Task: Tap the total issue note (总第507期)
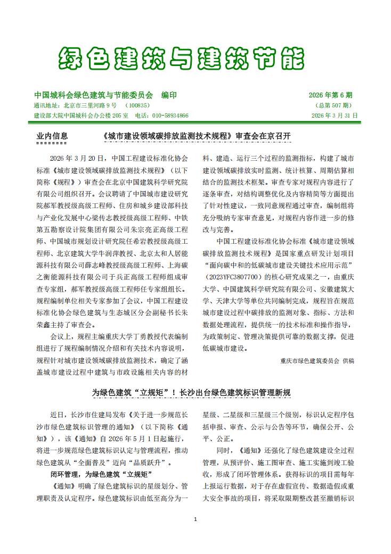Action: tap(334, 105)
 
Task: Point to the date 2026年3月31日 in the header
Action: tap(335, 115)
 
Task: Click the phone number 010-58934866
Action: tap(170, 115)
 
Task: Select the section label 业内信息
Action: tap(52, 136)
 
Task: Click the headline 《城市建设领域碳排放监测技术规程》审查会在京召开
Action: tap(195, 136)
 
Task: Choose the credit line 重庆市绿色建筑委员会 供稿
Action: tap(317, 360)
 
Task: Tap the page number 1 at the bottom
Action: tap(195, 519)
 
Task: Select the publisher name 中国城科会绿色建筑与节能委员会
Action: tap(93, 95)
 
